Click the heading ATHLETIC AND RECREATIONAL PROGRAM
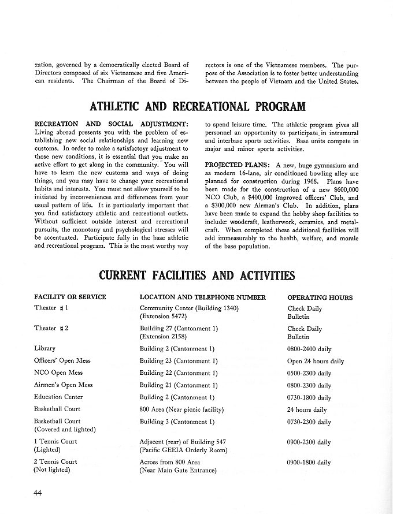click(197, 107)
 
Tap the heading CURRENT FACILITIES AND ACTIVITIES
click(197, 275)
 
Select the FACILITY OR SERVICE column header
click(70, 297)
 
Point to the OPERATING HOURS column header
click(320, 297)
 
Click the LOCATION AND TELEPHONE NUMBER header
click(203, 297)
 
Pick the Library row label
click(45, 349)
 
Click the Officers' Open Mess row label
click(62, 361)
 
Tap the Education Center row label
click(58, 397)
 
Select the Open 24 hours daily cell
click(316, 362)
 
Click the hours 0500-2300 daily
click(309, 374)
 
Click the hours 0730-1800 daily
click(309, 398)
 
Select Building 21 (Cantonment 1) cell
click(179, 385)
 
